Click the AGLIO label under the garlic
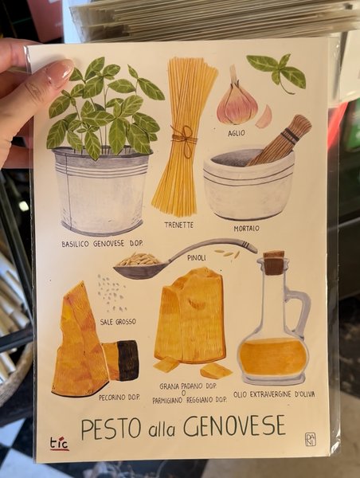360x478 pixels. coord(237,133)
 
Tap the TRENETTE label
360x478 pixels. coord(179,225)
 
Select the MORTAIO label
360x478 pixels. coord(247,229)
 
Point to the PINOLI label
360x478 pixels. coord(197,258)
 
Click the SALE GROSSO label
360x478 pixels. coord(118,322)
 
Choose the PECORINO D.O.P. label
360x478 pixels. coord(119,398)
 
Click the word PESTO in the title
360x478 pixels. coord(111,429)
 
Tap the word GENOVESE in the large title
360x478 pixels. coord(234,425)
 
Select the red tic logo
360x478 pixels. coord(59,444)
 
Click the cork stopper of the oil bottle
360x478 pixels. coord(274,263)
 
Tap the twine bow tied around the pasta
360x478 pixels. coord(185,140)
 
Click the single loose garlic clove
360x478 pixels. coord(264,117)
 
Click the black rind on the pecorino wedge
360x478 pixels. coord(128,360)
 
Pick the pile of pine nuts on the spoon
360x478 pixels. coord(139,259)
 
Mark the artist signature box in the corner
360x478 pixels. coord(311,440)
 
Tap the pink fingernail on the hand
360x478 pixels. coord(60,73)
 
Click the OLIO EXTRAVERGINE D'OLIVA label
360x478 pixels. coord(274,394)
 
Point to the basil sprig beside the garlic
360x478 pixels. coord(278,72)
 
